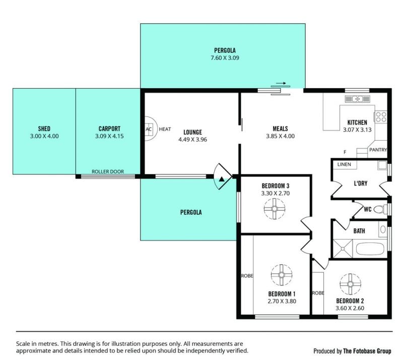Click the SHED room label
pos(44,129)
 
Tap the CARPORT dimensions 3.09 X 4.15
pos(109,136)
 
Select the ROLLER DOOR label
pos(108,171)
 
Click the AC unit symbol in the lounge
pos(149,129)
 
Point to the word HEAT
pos(165,129)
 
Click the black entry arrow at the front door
pos(222,179)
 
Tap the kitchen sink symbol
pos(357,99)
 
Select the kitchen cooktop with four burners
pos(381,116)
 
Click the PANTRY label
pos(378,150)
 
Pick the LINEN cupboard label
pos(344,164)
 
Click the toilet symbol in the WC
pos(380,209)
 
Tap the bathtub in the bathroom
pos(370,249)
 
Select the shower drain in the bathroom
pos(343,249)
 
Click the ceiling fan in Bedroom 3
pos(275,208)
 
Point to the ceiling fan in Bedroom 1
pos(282,275)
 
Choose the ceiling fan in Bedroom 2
pos(350,284)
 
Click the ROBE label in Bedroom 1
pos(247,276)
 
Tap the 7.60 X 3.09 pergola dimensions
pos(225,58)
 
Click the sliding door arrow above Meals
pos(281,83)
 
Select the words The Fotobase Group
pos(367,351)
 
